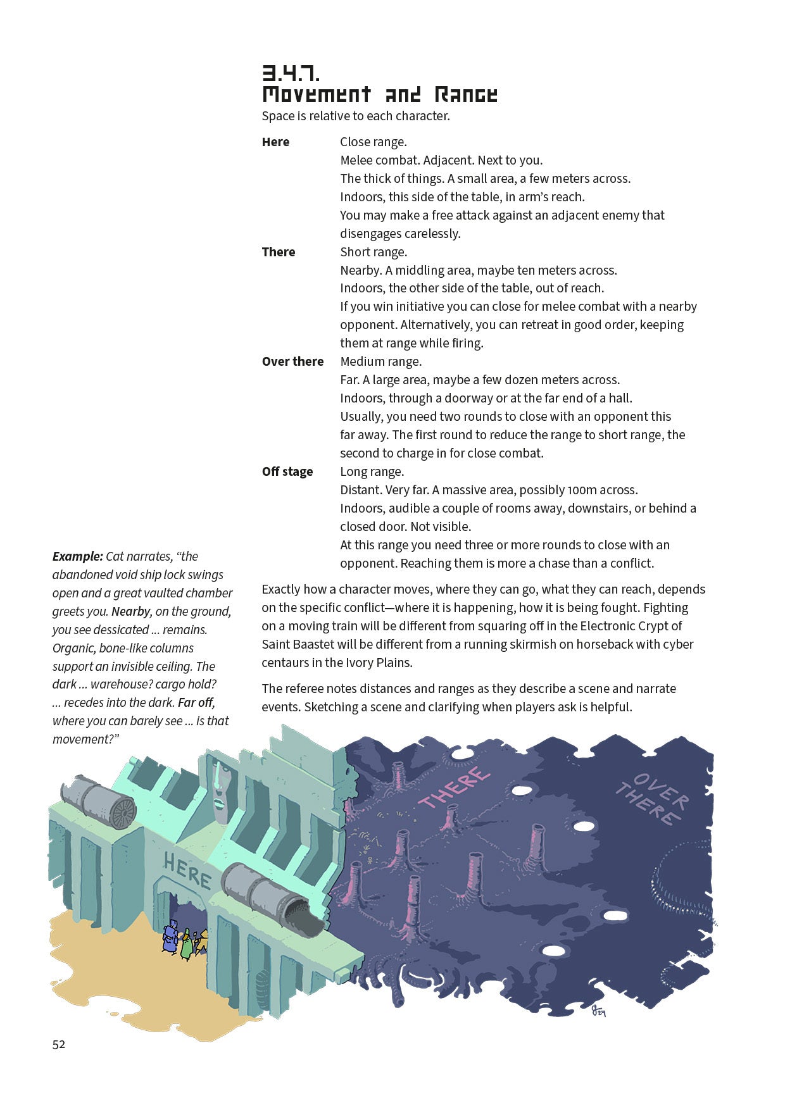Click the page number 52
[59, 1044]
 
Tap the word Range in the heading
[466, 95]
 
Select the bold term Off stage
[287, 471]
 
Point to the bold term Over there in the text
[292, 361]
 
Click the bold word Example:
[77, 556]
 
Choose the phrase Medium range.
[380, 361]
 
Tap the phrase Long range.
[372, 471]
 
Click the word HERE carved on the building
[187, 870]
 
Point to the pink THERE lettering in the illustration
[454, 787]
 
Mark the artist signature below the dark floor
[598, 1010]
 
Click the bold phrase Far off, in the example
[196, 702]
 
